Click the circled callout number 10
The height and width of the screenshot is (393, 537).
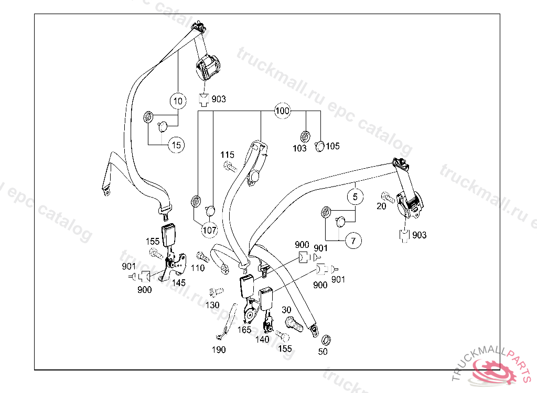178,101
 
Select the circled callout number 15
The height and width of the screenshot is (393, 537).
176,145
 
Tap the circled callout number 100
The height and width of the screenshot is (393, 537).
282,111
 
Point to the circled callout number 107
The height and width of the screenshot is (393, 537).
209,230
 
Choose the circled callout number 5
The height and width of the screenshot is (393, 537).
355,197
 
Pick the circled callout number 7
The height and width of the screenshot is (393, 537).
353,241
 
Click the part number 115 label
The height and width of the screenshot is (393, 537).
228,155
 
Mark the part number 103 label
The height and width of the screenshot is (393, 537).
299,148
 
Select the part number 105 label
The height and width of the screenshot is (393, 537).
332,146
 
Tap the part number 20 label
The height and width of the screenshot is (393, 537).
381,206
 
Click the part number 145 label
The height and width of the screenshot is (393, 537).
178,282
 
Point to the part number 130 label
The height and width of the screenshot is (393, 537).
212,304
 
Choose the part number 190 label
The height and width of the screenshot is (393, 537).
219,350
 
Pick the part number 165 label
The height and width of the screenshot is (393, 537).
244,329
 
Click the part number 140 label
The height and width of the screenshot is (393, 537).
262,339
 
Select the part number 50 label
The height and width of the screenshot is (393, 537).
323,352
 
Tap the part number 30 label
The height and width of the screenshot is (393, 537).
286,310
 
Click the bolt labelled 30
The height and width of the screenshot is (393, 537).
294,324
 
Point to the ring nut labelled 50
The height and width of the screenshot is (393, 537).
326,340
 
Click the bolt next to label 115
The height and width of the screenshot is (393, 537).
230,167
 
